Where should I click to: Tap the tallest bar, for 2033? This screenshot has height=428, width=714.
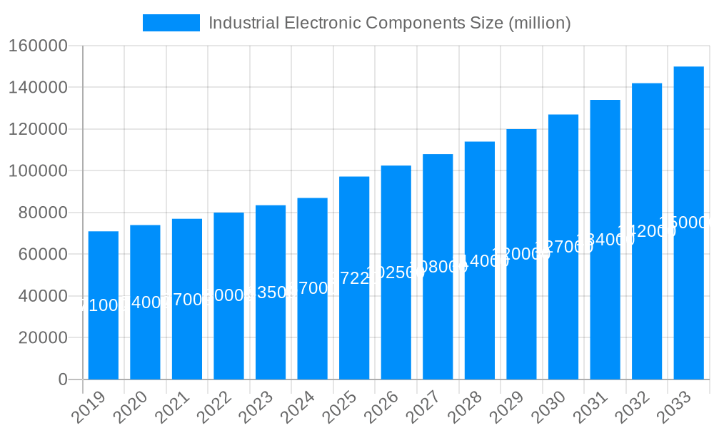point(689,300)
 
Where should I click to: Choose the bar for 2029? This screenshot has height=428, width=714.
point(521,321)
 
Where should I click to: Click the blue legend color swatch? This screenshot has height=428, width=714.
point(171,23)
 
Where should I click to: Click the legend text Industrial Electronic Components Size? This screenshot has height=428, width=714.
point(389,23)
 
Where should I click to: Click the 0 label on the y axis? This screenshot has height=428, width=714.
point(63,379)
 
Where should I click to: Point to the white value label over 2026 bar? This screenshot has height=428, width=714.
point(396,272)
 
